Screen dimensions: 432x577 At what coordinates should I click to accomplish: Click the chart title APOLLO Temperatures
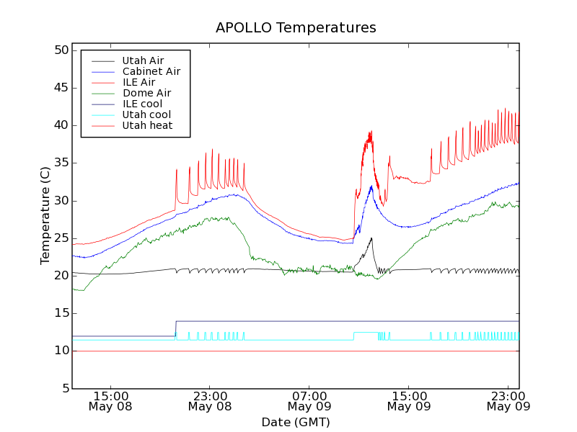pos(296,28)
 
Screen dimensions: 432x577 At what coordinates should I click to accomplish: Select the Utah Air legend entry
pos(142,61)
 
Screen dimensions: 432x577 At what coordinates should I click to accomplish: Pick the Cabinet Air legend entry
pos(151,72)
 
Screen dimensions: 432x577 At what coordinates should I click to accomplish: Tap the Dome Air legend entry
pos(146,93)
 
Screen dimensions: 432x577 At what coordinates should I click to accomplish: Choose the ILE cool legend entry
pos(142,104)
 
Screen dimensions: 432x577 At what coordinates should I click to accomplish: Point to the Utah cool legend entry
pos(146,114)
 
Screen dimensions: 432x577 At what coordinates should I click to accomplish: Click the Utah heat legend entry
pos(146,125)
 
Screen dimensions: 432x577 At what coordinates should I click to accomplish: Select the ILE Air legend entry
pos(138,82)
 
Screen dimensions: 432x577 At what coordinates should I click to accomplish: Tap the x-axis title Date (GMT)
pos(296,422)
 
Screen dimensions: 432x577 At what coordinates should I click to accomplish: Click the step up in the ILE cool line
pos(176,328)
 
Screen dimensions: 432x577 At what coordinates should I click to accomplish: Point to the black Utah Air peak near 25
pos(371,238)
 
